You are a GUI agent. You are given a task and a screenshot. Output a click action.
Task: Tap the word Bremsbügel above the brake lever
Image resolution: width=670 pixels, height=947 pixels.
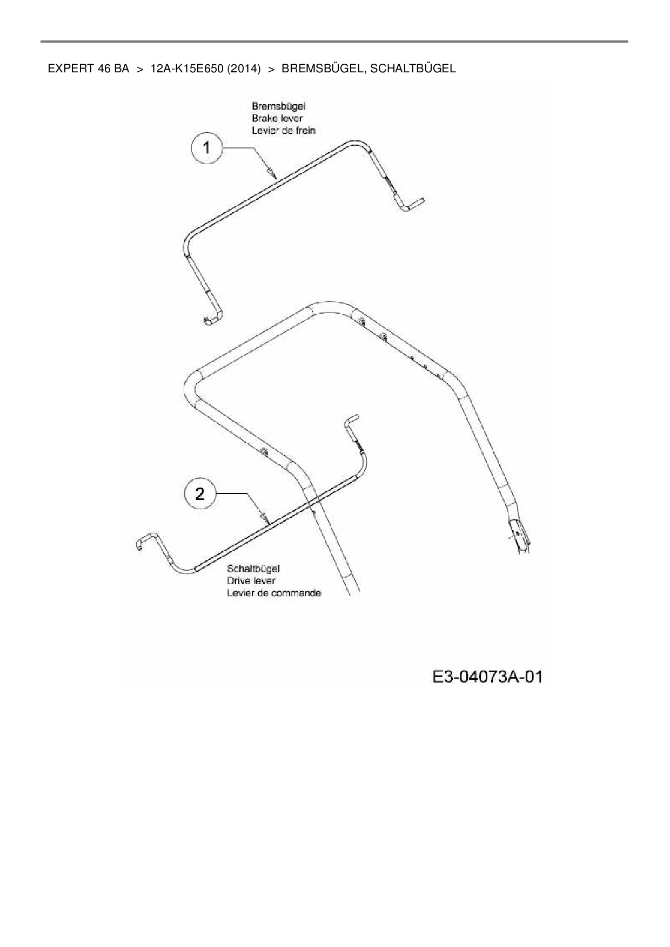point(278,106)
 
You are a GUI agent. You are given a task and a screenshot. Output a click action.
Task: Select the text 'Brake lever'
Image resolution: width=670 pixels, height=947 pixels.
point(277,118)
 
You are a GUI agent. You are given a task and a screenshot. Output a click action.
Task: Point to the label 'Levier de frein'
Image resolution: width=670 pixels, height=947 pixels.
point(283,130)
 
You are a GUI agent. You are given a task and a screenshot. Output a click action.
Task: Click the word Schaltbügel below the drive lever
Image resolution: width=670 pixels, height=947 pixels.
point(253,569)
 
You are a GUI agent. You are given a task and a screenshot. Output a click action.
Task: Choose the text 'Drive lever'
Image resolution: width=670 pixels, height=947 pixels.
point(251,581)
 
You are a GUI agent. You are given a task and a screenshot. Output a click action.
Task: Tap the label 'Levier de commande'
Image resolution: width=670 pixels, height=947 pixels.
point(274,593)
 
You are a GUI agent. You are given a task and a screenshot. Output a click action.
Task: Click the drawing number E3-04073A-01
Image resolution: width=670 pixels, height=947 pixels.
point(487,677)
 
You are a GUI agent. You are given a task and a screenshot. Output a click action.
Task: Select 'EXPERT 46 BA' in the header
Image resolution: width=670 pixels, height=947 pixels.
point(88,69)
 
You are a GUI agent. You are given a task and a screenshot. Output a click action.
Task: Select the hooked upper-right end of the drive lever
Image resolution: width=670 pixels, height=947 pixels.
point(350,420)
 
